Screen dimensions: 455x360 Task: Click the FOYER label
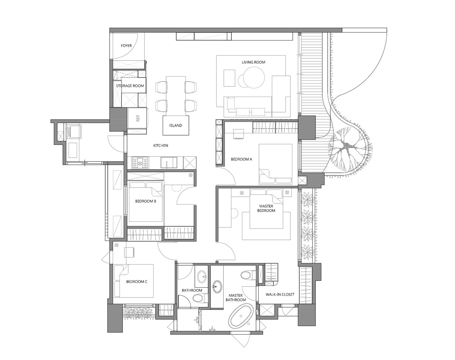pos(126,45)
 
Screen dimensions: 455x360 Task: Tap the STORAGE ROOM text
pos(130,86)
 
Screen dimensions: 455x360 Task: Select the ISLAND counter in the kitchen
pos(176,125)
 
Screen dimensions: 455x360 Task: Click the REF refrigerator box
pos(137,118)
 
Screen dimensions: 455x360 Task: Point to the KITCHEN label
pos(161,146)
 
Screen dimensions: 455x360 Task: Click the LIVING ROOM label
pos(254,62)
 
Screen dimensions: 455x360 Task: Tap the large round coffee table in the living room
pos(254,78)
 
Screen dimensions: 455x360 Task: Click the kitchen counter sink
pos(169,163)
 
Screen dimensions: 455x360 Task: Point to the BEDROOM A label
pos(242,159)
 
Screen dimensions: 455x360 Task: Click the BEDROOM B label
pos(146,201)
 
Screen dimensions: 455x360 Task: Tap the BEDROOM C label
pos(136,282)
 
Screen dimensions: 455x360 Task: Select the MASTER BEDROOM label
pos(266,208)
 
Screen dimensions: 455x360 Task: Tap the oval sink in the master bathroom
pos(217,286)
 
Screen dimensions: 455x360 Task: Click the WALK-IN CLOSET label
pos(280,294)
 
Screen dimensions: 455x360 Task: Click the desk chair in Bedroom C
pos(129,252)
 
